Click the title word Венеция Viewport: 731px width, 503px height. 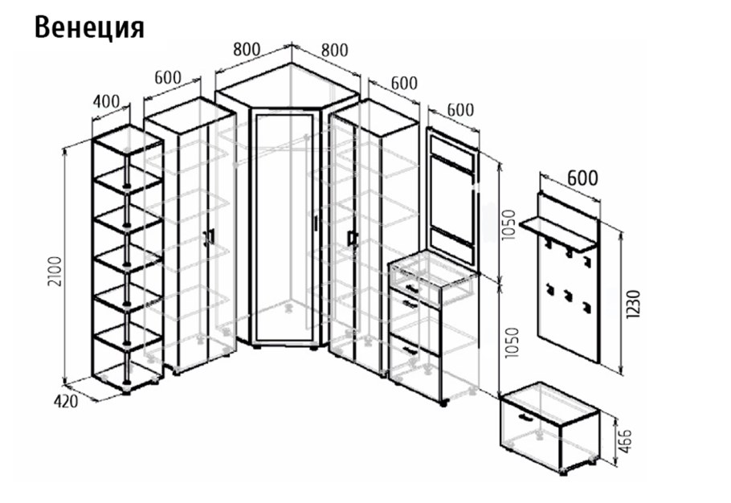click(89, 28)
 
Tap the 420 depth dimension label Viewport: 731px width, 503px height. click(66, 402)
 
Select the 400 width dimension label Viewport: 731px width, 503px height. click(106, 101)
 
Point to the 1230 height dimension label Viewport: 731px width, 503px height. click(634, 304)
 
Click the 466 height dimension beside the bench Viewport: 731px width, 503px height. click(626, 441)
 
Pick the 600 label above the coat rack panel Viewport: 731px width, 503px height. click(582, 178)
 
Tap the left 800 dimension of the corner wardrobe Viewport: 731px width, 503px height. click(247, 49)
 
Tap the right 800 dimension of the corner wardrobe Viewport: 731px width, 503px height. click(335, 50)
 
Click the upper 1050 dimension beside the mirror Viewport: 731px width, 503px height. click(510, 225)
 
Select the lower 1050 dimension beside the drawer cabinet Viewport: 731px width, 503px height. click(512, 342)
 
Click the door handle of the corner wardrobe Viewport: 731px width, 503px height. click(316, 223)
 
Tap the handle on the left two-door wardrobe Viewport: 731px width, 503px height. click(210, 236)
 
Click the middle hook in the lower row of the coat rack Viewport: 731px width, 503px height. click(567, 294)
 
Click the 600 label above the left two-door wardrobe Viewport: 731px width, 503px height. click(168, 77)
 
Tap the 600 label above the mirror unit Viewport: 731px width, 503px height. click(460, 110)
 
